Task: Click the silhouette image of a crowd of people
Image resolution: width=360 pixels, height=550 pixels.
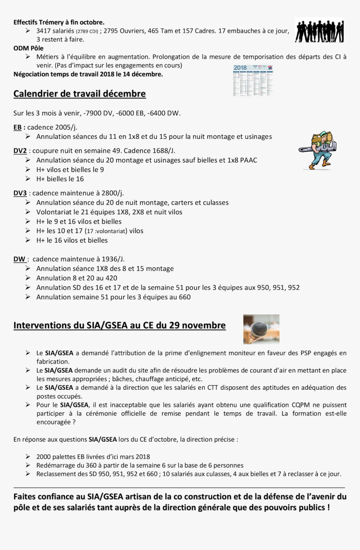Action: [x=319, y=30]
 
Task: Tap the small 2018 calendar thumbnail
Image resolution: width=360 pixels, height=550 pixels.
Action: [x=253, y=80]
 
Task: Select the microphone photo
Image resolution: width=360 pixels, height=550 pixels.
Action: [x=261, y=329]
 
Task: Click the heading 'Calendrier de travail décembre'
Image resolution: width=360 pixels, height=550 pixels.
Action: [x=80, y=94]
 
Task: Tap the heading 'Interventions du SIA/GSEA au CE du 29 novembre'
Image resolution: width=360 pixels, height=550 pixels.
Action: [x=120, y=325]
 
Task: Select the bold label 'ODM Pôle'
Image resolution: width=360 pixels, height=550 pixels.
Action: [x=28, y=48]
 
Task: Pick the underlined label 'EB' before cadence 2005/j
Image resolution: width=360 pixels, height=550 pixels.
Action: [x=18, y=127]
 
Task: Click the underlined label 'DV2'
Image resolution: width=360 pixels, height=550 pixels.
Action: [x=20, y=151]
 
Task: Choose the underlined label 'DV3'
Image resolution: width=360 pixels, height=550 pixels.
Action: [x=20, y=193]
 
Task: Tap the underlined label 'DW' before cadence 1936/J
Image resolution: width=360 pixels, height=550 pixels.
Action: [x=19, y=259]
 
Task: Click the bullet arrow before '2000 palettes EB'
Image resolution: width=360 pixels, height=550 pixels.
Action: [x=28, y=457]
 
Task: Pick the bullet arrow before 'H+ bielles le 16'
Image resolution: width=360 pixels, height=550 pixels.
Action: [x=28, y=179]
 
